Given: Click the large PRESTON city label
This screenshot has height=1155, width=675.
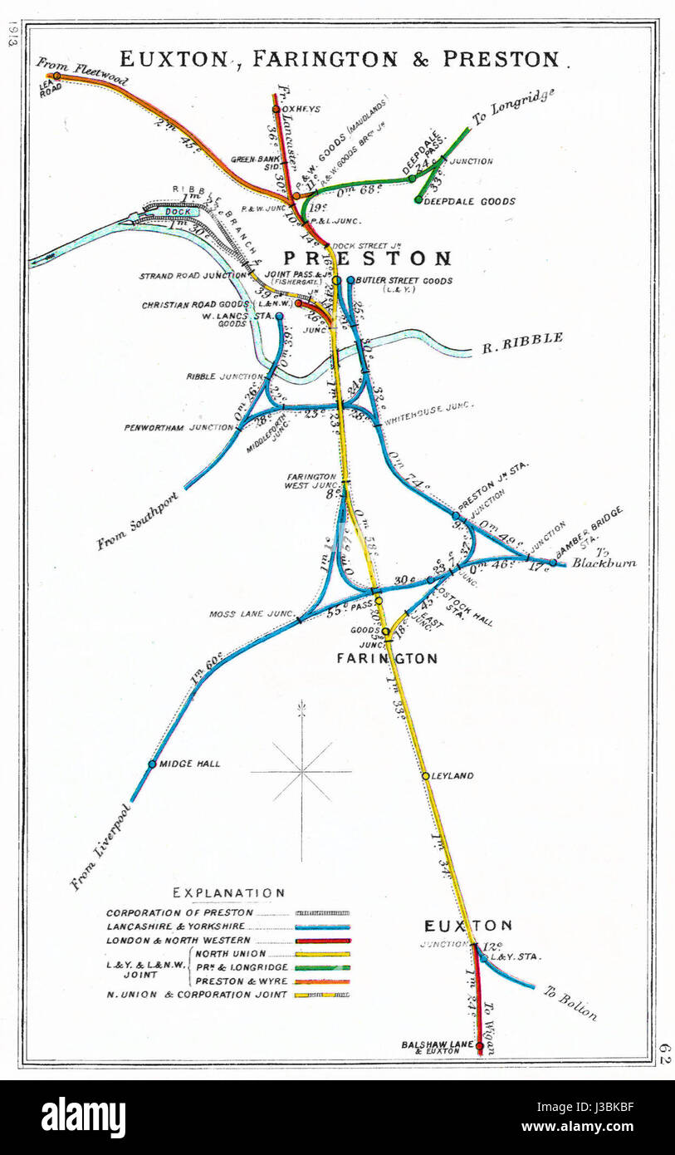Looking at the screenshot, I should tap(368, 258).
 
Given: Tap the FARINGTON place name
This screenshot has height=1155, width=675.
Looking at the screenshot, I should tap(386, 658).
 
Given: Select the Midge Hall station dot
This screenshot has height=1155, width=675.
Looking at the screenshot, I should tap(152, 764).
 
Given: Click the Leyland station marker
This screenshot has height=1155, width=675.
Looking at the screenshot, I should tap(425, 775).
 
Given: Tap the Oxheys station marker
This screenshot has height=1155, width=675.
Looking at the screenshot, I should tap(276, 108).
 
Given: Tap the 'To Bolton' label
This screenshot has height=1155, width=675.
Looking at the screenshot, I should tap(570, 1002).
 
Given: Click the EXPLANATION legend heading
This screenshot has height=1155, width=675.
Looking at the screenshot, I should tap(228, 892).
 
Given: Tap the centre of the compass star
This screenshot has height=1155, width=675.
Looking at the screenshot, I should tap(301, 772).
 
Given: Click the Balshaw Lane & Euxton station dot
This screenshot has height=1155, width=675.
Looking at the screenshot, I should tap(479, 1047).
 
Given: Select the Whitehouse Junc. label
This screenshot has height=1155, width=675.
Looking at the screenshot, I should tap(428, 407).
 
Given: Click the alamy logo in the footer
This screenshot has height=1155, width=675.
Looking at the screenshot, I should tap(83, 1118).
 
